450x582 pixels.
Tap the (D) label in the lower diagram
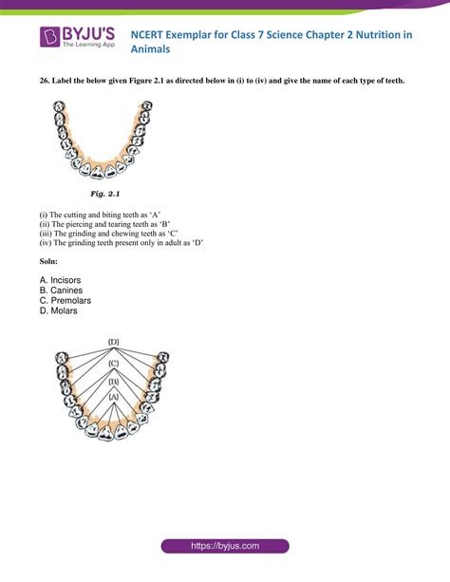tap(113, 341)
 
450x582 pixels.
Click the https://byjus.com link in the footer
tap(224, 547)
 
